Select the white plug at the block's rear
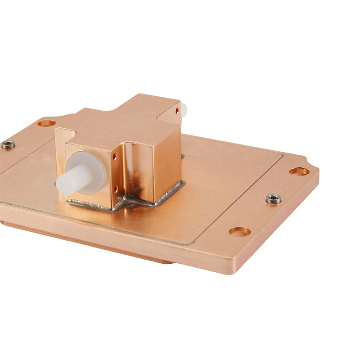(183, 109)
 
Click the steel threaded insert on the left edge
(8, 144)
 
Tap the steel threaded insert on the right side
(273, 198)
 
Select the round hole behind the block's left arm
(46, 122)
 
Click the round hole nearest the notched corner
(299, 171)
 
